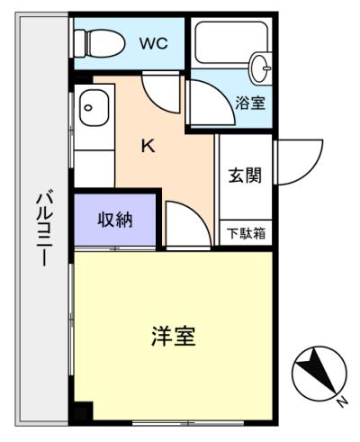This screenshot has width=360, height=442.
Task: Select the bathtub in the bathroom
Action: (x=225, y=41)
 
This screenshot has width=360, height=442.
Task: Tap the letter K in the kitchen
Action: (x=148, y=145)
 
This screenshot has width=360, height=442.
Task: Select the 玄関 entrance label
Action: (x=245, y=175)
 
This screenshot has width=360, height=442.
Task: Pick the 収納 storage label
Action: (x=115, y=220)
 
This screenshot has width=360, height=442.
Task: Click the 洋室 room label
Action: (x=173, y=338)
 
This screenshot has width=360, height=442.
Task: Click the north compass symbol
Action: (x=319, y=370)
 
